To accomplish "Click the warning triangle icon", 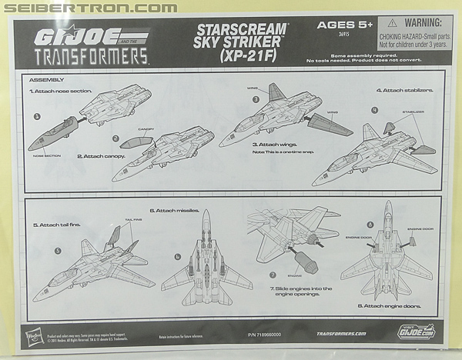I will (x=393, y=25).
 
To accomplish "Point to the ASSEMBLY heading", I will (x=44, y=79).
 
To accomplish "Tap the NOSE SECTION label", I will (x=49, y=154).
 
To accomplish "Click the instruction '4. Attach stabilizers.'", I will (x=404, y=90).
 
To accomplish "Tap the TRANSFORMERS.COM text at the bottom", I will (x=333, y=335).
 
